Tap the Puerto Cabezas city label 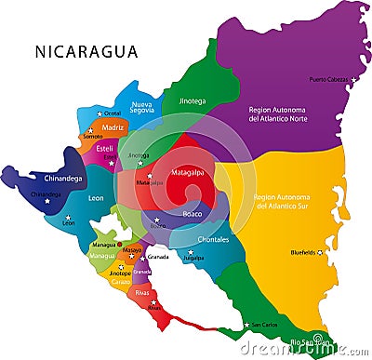coord(328,79)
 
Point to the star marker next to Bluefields coord(321,251)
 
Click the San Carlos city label coord(263,326)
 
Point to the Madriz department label coord(113,127)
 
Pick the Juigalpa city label coord(193,259)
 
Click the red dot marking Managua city coord(119,244)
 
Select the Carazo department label coord(121,282)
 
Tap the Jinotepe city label coord(120,273)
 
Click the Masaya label coord(132,250)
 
